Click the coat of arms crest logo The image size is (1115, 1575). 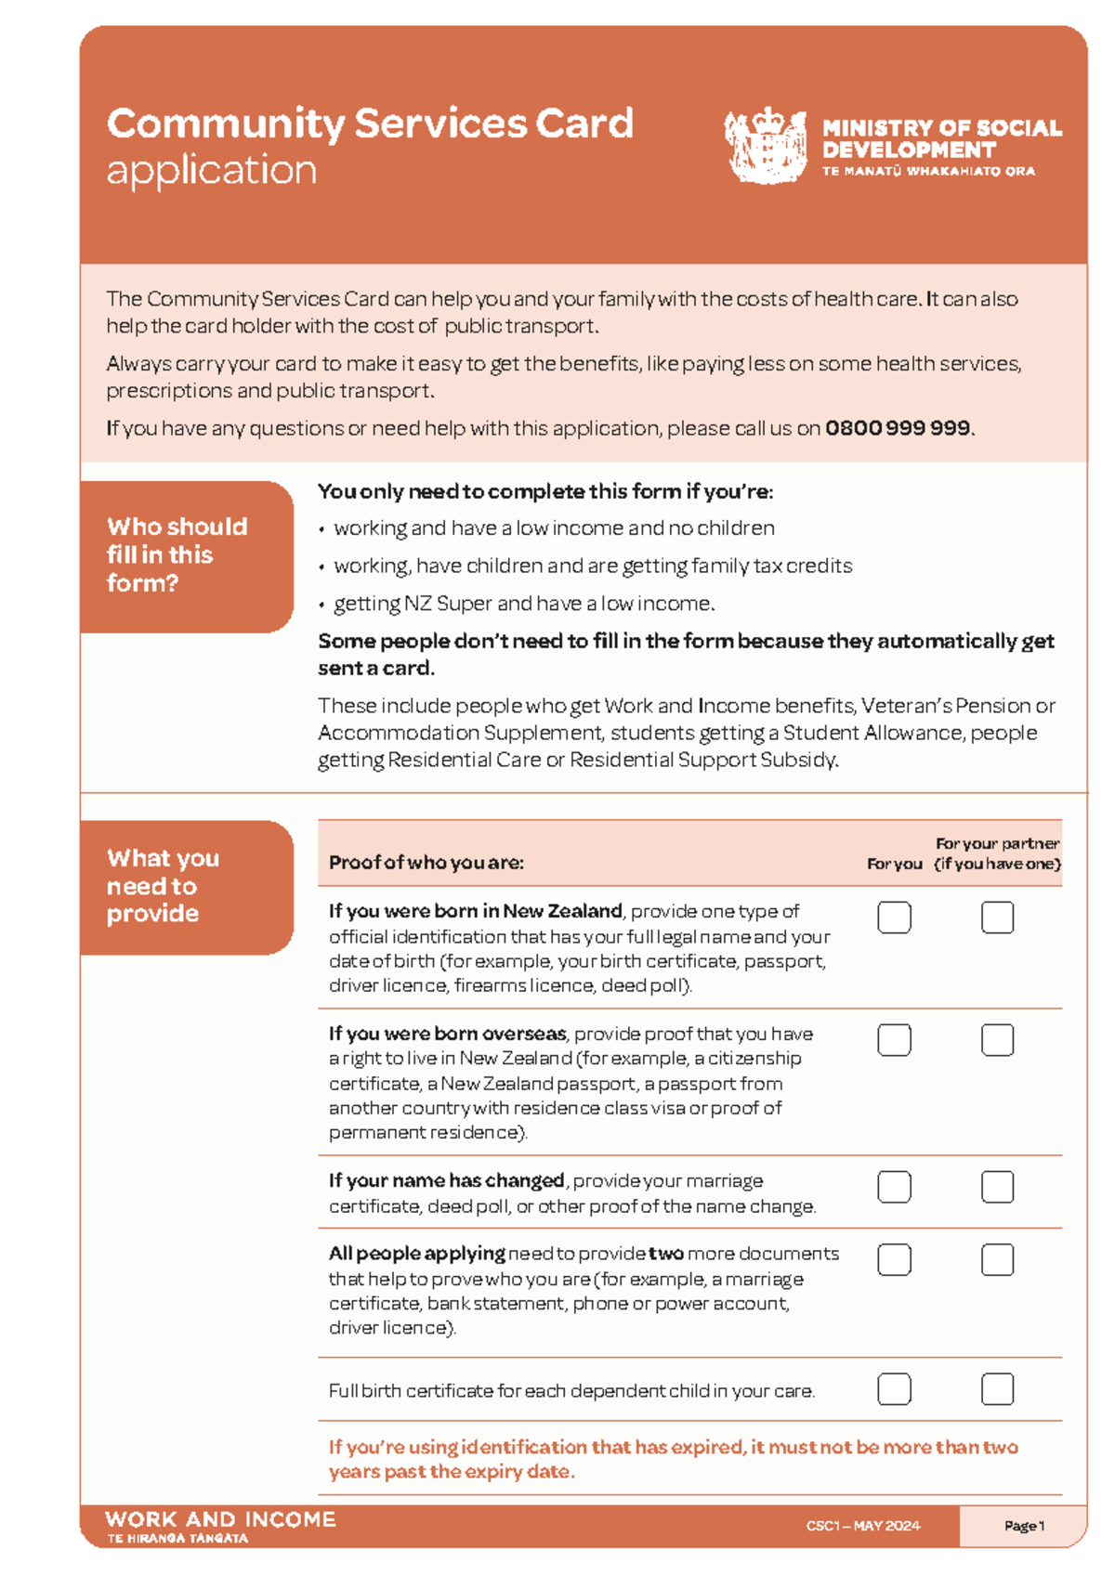pos(764,145)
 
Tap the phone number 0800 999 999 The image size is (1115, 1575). pos(898,428)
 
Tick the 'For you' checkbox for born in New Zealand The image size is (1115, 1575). pos(894,918)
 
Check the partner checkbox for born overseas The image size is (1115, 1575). pos(997,1040)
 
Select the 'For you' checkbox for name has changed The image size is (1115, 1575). pos(894,1187)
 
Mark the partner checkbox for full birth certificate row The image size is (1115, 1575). pos(997,1389)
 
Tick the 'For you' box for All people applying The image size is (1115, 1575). pos(894,1260)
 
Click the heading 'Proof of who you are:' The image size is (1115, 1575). pos(426,863)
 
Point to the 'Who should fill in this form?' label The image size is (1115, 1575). pos(177,554)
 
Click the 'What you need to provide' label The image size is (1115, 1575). pos(163,886)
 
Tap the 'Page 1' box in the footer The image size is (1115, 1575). pos(1023,1526)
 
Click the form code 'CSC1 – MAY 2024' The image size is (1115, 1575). pos(862,1526)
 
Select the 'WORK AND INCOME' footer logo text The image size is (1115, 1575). pos(220,1520)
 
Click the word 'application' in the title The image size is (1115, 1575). pos(212,171)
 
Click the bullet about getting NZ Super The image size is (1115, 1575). pos(523,604)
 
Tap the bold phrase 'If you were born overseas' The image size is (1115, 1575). pos(447,1034)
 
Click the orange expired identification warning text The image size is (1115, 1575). pos(672,1459)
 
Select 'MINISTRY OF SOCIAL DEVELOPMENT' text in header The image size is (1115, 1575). pos(940,138)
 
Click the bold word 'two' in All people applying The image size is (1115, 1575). pos(665,1254)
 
